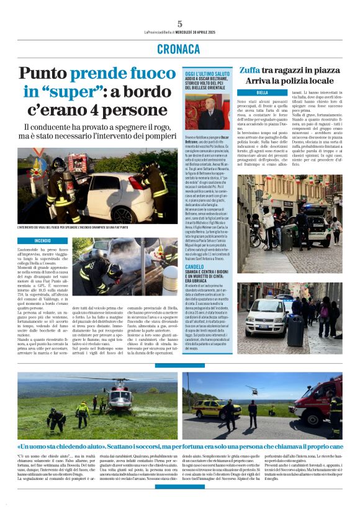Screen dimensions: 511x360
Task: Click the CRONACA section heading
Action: (179, 48)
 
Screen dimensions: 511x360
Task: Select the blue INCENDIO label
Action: (43, 240)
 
